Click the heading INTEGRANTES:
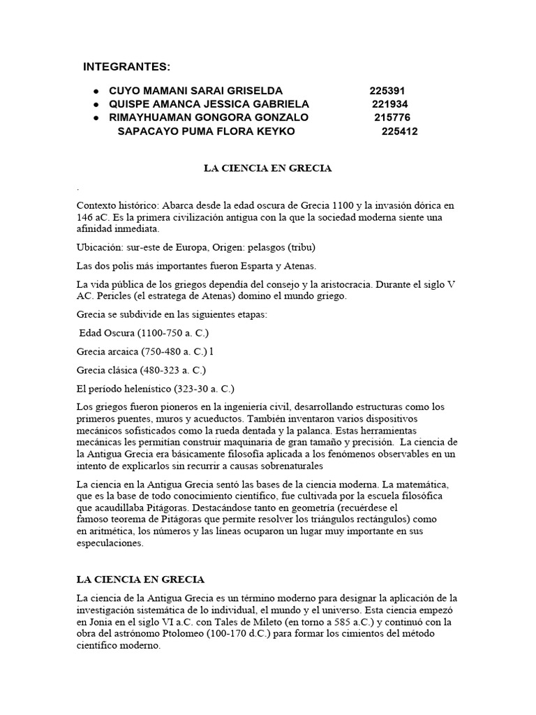pos(126,67)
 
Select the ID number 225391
pos(387,91)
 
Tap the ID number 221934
pos(389,104)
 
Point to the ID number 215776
pos(392,117)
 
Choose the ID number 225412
pos(400,131)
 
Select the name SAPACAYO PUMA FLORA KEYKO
pos(206,131)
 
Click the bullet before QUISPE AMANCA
pos(94,104)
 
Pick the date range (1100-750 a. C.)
pos(170,332)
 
